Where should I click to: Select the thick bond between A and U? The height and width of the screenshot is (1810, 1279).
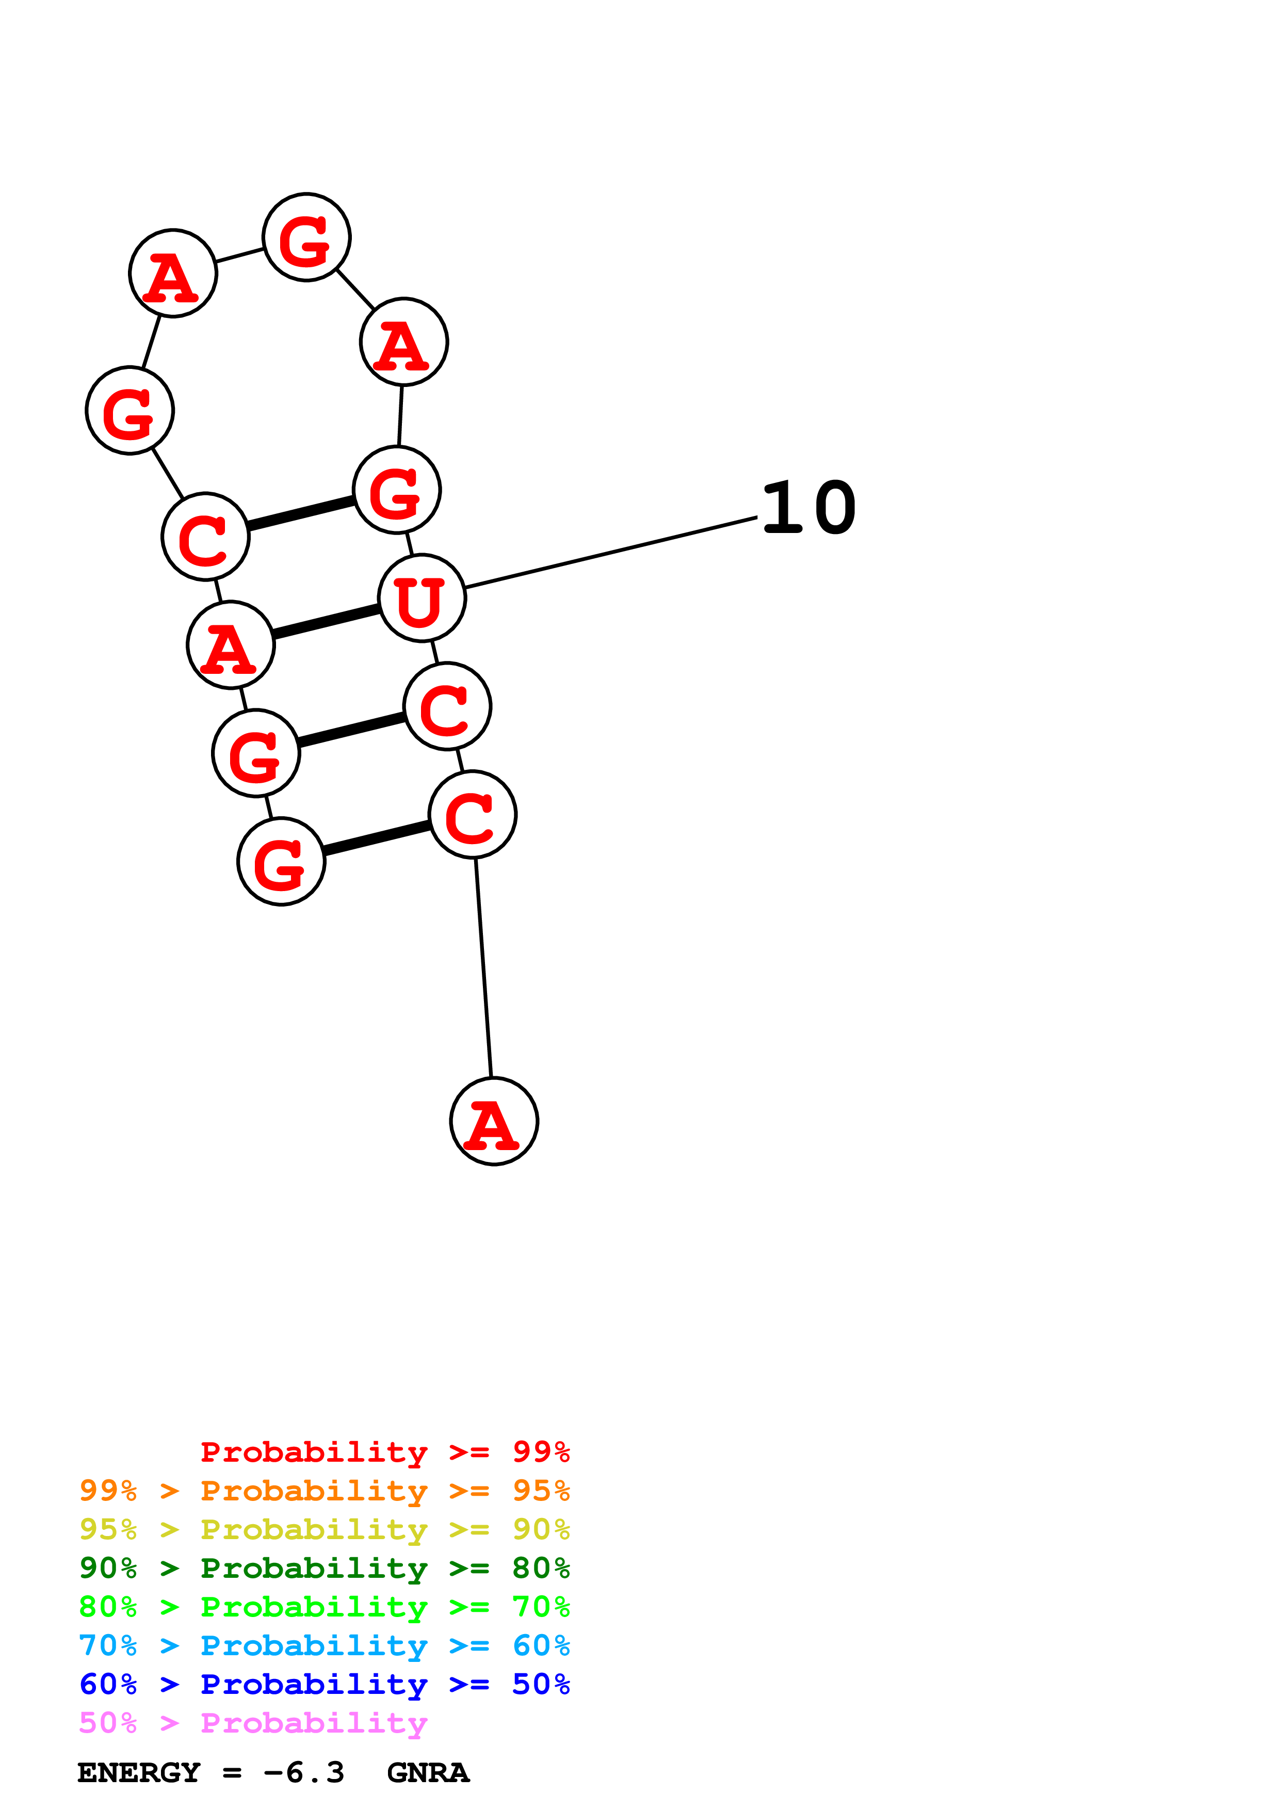point(326,621)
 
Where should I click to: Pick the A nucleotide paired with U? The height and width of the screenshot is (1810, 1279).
point(230,645)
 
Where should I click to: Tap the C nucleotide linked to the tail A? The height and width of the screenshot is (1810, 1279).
point(472,814)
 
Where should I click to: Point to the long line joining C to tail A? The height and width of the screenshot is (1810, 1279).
point(483,967)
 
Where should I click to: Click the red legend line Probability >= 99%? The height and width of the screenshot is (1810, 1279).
point(384,1451)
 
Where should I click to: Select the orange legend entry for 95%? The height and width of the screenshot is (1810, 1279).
point(324,1490)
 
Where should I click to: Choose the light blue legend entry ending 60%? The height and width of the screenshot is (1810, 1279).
point(324,1645)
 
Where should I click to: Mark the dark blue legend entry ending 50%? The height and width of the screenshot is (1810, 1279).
point(324,1684)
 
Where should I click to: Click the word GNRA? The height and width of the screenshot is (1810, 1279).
point(428,1772)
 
